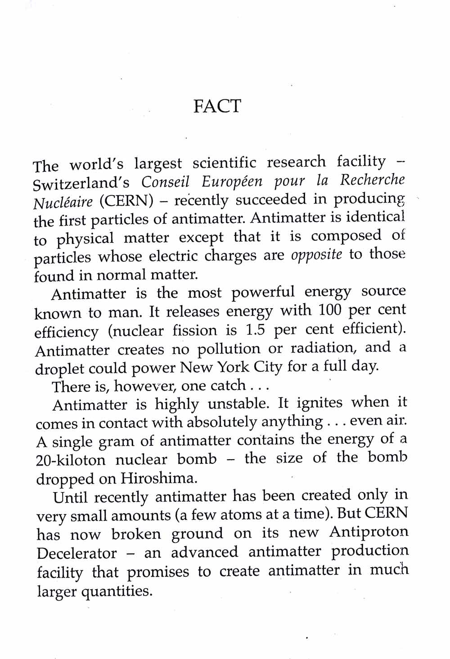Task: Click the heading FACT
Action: click(217, 106)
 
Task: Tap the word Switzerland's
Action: click(81, 184)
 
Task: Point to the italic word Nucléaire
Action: click(63, 202)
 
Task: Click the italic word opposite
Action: click(316, 255)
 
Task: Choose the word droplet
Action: click(59, 369)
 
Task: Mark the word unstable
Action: click(238, 403)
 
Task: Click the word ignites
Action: click(312, 402)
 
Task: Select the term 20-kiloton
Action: click(71, 460)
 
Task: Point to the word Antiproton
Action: click(369, 532)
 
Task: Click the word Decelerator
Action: click(76, 553)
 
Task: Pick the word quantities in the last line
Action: click(117, 591)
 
